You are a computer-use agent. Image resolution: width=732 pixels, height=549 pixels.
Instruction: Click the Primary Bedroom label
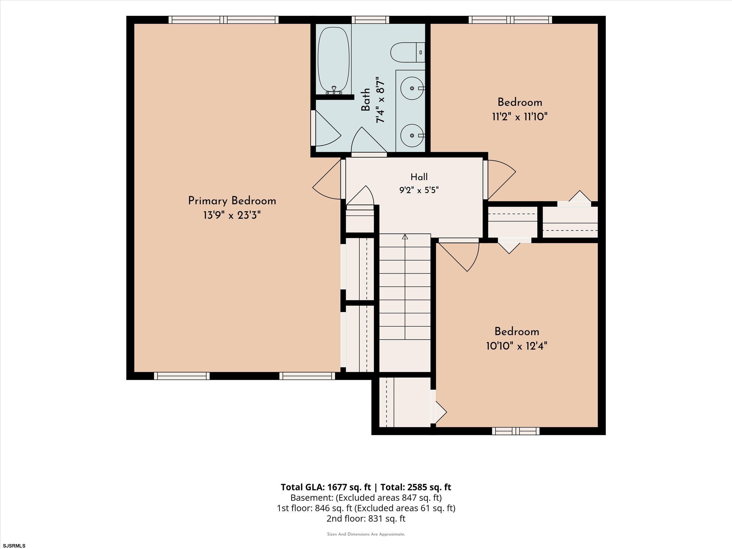[x=232, y=201]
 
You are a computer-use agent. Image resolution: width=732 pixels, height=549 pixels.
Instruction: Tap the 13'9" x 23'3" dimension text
[x=232, y=216]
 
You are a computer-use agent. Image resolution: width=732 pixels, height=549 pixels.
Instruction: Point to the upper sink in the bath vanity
[x=412, y=88]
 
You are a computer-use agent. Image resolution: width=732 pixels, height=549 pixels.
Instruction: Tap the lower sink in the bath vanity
[x=412, y=135]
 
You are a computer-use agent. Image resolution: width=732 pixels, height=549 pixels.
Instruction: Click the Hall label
[x=419, y=177]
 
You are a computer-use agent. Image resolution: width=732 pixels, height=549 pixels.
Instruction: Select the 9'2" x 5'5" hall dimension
[x=419, y=190]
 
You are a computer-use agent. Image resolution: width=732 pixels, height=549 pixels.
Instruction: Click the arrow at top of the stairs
[x=405, y=237]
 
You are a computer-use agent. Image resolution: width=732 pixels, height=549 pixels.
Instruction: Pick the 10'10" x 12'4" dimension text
[x=516, y=346]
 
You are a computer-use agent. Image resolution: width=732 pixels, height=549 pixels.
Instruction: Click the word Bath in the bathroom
[x=365, y=99]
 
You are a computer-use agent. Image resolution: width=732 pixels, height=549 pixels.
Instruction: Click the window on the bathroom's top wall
[x=370, y=20]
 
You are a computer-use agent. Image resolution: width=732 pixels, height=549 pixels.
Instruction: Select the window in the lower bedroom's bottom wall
[x=516, y=431]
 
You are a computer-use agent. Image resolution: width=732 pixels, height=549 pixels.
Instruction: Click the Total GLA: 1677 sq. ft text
[x=327, y=487]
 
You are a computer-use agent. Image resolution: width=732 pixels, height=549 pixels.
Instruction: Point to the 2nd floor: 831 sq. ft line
[x=366, y=518]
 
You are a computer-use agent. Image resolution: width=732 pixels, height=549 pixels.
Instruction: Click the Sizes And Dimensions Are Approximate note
[x=366, y=534]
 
